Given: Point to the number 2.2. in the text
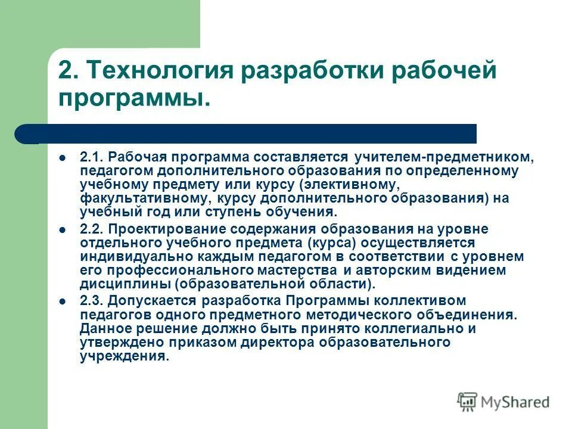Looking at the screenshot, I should [x=92, y=230].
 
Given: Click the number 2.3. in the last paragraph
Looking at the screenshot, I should [x=92, y=301].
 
